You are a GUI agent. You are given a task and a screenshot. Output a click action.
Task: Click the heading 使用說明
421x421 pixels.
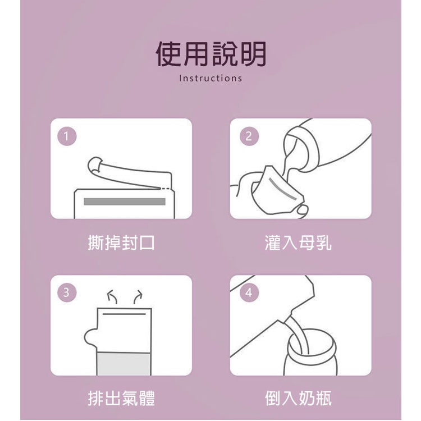[x=210, y=54]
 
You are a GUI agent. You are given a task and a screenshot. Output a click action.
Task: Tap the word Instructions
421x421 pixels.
[x=210, y=79]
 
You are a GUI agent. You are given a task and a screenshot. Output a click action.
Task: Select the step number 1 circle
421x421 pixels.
[x=67, y=136]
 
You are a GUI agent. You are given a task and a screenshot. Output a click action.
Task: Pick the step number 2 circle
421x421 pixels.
[x=249, y=136]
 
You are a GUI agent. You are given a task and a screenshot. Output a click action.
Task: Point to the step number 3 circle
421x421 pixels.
[x=67, y=292]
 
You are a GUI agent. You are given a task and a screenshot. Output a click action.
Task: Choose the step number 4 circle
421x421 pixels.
[x=249, y=292]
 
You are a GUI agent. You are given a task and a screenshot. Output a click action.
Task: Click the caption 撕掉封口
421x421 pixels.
[x=121, y=242]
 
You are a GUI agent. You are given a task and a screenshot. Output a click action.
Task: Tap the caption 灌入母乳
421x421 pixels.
[x=298, y=242]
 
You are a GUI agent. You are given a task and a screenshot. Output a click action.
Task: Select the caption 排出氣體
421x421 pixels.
[x=121, y=398]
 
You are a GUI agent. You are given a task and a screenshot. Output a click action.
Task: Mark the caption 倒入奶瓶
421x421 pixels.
[x=298, y=398]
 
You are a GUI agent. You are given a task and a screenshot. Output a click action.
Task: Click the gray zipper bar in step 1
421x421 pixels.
[x=125, y=202]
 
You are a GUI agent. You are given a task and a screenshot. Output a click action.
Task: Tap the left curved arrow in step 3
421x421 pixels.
[x=112, y=297]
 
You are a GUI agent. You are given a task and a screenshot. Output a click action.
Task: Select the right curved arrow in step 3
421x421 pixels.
[x=138, y=297]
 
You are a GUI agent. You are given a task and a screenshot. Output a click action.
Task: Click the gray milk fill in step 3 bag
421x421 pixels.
[x=124, y=364]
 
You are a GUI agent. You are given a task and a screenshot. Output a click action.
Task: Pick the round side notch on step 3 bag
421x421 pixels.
[x=89, y=337]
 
